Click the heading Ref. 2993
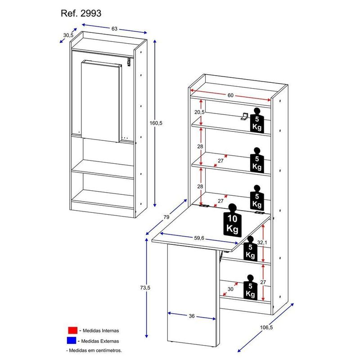[81, 13]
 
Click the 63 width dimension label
[114, 28]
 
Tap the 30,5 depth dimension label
[68, 35]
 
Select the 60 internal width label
[230, 95]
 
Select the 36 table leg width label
[192, 316]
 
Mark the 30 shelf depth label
[231, 290]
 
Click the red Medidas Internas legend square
[73, 330]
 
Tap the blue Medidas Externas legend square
[73, 340]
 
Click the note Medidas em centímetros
[94, 350]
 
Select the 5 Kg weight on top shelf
[257, 120]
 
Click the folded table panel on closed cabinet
[101, 100]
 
